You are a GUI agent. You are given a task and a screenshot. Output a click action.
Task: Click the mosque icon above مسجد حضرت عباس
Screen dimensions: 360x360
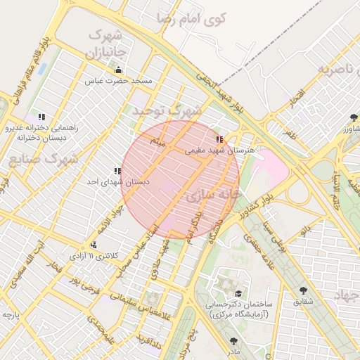[x=118, y=70]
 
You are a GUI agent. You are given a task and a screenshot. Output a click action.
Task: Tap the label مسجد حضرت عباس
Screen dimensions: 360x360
[x=119, y=82]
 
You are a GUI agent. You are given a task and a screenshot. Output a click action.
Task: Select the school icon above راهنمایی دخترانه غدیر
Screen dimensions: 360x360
[x=41, y=117]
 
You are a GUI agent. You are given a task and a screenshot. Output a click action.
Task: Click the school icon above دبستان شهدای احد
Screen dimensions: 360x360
[x=117, y=171]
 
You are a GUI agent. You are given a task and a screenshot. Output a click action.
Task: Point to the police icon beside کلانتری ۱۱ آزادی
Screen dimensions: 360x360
[x=94, y=245]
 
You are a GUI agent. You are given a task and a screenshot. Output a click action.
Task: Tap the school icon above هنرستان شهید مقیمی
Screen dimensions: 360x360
[x=219, y=139]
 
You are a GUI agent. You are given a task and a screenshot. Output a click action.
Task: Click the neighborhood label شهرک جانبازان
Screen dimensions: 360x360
[x=105, y=44]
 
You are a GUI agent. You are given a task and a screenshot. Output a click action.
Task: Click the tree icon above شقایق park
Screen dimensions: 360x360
[x=303, y=290]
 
